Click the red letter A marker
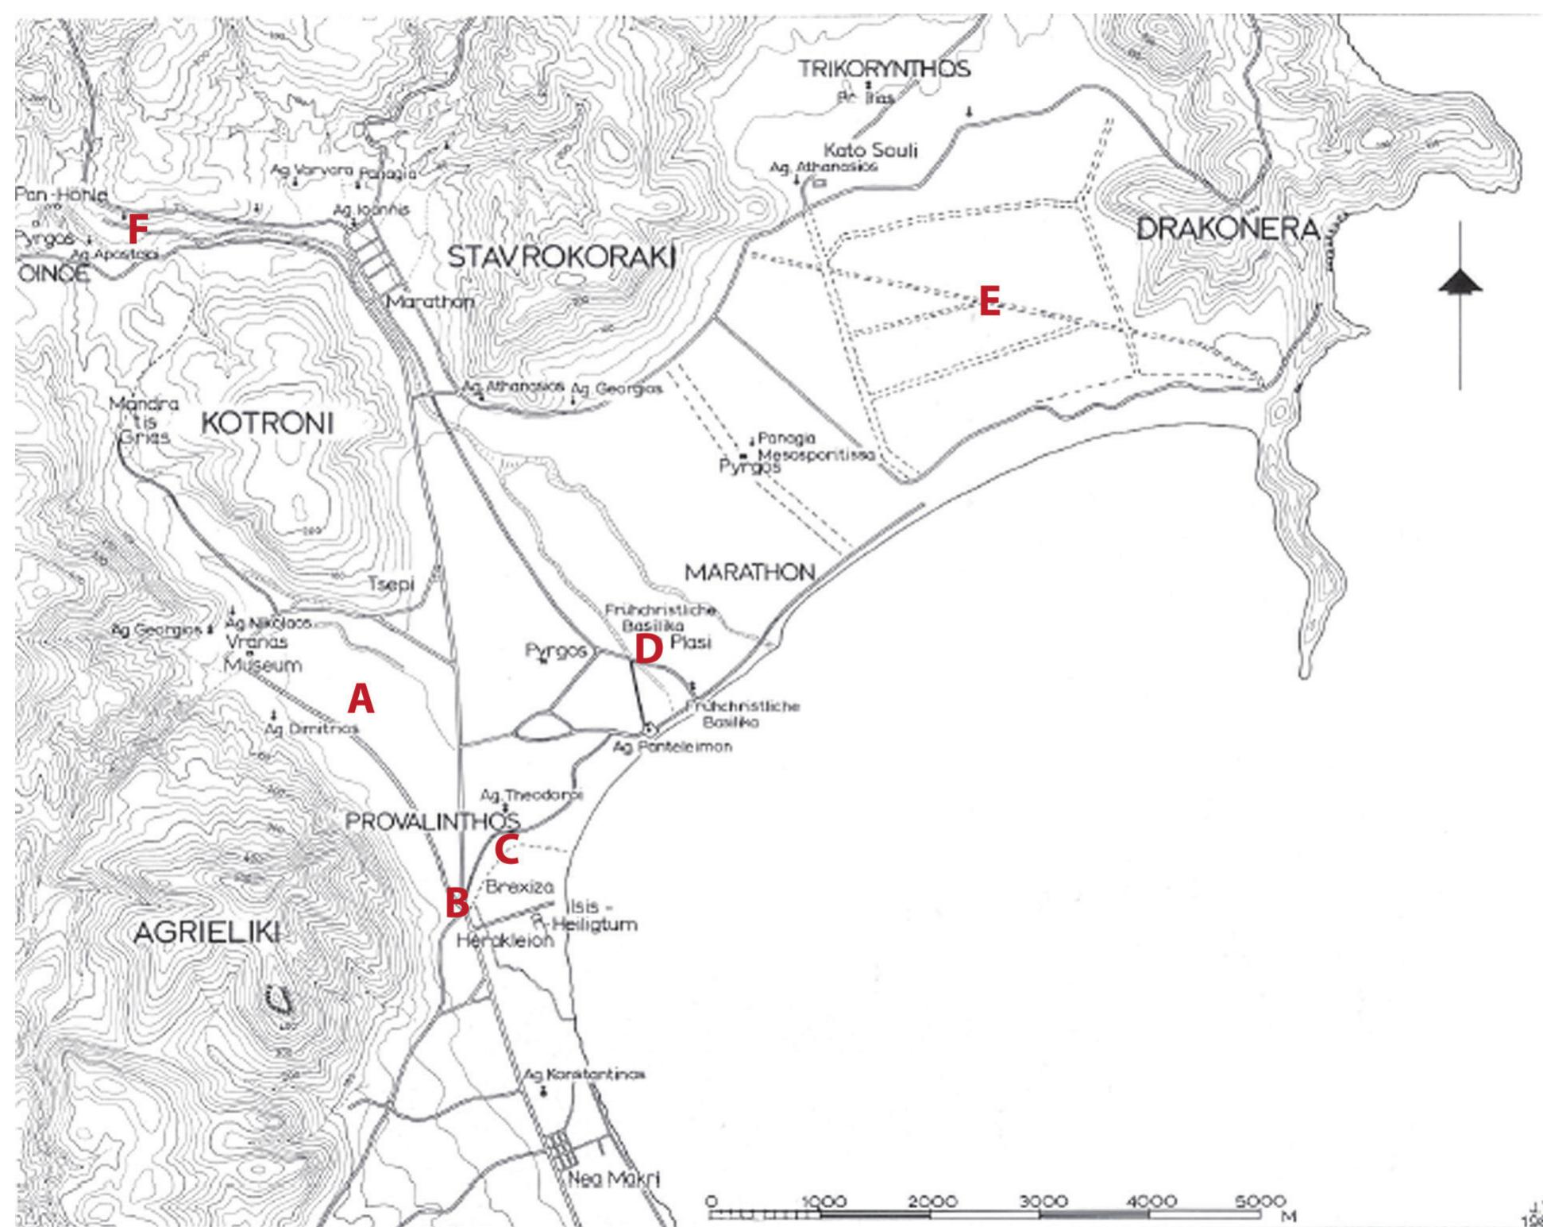pyautogui.click(x=361, y=700)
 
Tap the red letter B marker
pyautogui.click(x=457, y=903)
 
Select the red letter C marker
pyautogui.click(x=507, y=850)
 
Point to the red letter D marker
pyautogui.click(x=648, y=650)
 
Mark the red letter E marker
pyautogui.click(x=989, y=303)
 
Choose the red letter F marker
pyautogui.click(x=137, y=230)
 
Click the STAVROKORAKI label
pyautogui.click(x=561, y=257)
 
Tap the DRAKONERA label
pyautogui.click(x=1228, y=230)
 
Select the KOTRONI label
pyautogui.click(x=267, y=423)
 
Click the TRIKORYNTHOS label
pyautogui.click(x=884, y=69)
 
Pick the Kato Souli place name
pyautogui.click(x=870, y=150)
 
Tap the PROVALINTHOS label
pyautogui.click(x=433, y=822)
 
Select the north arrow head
pyautogui.click(x=1460, y=283)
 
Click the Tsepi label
pyautogui.click(x=391, y=584)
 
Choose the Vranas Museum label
pyautogui.click(x=262, y=653)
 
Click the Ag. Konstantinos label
pyautogui.click(x=584, y=1075)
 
